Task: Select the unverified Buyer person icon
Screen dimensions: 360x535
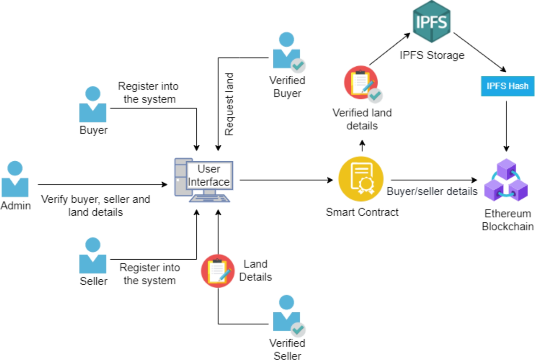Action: [x=93, y=105]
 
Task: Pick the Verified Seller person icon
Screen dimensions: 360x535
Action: [x=286, y=314]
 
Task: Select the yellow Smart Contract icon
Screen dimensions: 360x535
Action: [x=362, y=180]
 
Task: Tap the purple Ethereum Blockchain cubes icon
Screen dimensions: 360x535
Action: [x=506, y=180]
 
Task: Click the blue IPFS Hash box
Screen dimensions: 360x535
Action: [x=507, y=86]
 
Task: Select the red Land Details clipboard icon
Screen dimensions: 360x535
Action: [x=218, y=270]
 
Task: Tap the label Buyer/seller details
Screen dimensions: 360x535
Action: [x=432, y=192]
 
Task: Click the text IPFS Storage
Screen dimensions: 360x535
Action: [x=432, y=55]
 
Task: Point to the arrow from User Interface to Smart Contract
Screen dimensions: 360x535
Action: [x=285, y=180]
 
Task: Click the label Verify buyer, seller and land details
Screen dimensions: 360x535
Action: [x=95, y=205]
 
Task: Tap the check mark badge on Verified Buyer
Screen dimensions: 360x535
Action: [x=298, y=66]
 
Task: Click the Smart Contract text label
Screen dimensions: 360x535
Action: [x=362, y=212]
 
